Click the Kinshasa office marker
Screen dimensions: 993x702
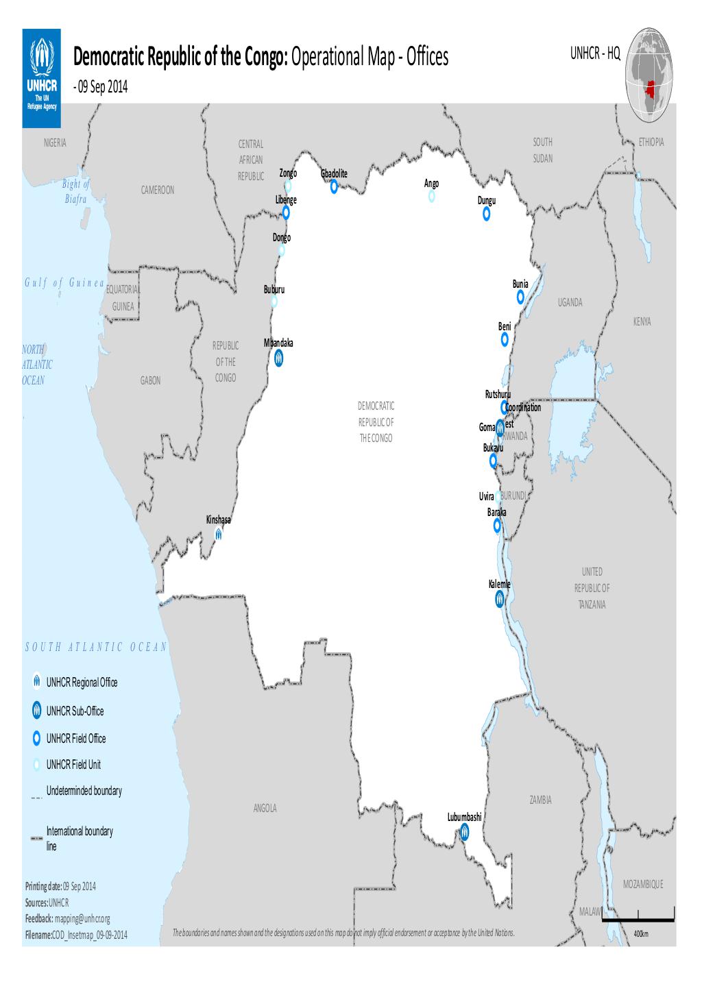tap(218, 534)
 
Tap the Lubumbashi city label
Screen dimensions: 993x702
tap(465, 818)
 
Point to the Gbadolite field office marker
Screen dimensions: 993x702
tap(334, 186)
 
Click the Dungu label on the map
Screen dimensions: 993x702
tap(486, 201)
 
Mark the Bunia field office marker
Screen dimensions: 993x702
tap(520, 297)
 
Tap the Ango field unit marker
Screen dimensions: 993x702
tap(431, 197)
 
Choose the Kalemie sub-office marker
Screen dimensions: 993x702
tap(500, 600)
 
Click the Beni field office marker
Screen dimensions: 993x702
tap(505, 339)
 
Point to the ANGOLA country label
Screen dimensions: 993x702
tap(265, 809)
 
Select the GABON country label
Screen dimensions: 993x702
tap(151, 381)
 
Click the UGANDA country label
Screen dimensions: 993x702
tap(570, 303)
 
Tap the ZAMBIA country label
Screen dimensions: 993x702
tap(540, 800)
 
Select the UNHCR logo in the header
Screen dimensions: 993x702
tap(42, 71)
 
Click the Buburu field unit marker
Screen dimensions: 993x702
tap(274, 302)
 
